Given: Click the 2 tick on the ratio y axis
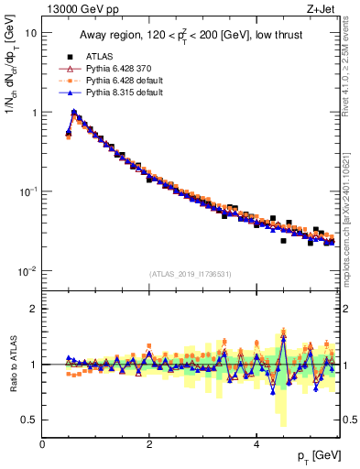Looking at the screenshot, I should (x=33, y=309).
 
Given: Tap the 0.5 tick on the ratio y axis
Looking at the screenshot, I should (x=29, y=420).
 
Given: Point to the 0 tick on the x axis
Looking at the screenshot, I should (x=42, y=444).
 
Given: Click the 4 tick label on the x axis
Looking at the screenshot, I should (x=256, y=444).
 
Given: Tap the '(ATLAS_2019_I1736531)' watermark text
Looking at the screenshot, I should (x=191, y=274).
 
